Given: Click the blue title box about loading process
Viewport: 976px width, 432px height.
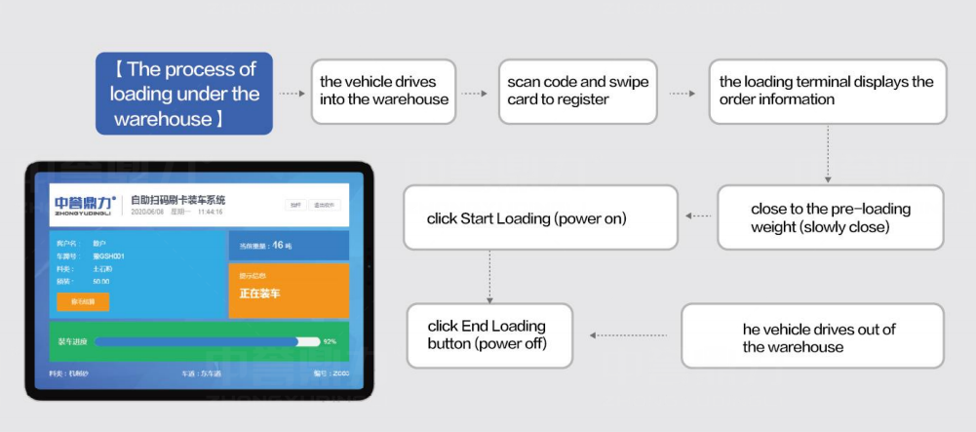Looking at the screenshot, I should coord(184,94).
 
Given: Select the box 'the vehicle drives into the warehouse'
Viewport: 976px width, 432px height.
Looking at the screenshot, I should coord(383,92).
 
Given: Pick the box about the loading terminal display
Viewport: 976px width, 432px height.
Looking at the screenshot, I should coord(827,92).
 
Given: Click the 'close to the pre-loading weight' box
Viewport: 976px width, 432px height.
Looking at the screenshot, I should coord(830,218).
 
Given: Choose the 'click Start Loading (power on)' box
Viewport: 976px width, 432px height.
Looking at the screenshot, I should coord(540,217).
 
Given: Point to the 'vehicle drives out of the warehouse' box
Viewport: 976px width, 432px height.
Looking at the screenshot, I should coord(811,336).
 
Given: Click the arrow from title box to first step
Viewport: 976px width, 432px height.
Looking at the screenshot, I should coord(292,94).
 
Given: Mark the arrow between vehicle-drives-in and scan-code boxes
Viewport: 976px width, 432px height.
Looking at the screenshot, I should coord(475,94).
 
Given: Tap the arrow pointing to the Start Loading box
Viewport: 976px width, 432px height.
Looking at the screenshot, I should coord(697,216).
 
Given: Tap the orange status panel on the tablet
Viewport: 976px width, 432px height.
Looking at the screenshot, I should coord(288,291).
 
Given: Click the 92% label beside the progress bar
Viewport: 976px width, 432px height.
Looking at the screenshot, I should coord(330,341).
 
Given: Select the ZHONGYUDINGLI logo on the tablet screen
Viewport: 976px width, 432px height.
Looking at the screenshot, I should coord(85,203).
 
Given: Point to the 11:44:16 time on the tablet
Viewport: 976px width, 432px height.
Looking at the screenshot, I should coord(211,212).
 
